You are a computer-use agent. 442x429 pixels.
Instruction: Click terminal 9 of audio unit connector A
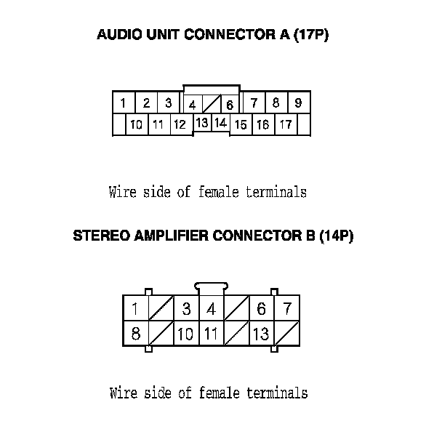[x=298, y=103]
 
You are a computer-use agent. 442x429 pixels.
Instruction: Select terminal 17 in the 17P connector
[x=286, y=125]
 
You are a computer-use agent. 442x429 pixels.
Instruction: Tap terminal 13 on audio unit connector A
[x=202, y=123]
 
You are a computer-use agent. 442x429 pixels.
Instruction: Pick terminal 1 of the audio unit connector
[x=124, y=103]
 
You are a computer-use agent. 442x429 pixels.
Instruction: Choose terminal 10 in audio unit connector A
[x=136, y=125]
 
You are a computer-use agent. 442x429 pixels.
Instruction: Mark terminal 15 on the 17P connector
[x=241, y=125]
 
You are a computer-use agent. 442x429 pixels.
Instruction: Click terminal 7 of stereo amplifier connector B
[x=287, y=308]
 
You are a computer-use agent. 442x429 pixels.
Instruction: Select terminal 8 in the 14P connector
[x=135, y=334]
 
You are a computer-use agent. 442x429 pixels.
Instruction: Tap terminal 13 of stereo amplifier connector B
[x=261, y=334]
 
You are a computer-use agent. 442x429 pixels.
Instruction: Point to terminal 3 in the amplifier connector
[x=186, y=308]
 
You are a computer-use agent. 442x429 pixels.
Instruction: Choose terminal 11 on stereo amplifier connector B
[x=211, y=334]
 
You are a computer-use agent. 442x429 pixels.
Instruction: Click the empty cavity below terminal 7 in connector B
[x=287, y=334]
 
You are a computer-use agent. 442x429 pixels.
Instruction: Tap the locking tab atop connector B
[x=211, y=287]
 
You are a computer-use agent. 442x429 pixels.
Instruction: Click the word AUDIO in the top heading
[x=116, y=35]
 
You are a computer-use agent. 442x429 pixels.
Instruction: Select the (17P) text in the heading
[x=311, y=35]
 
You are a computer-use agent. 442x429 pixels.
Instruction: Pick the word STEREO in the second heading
[x=98, y=236]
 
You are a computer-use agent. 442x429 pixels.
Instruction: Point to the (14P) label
[x=336, y=236]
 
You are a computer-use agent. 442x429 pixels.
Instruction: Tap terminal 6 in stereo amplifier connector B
[x=261, y=308]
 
